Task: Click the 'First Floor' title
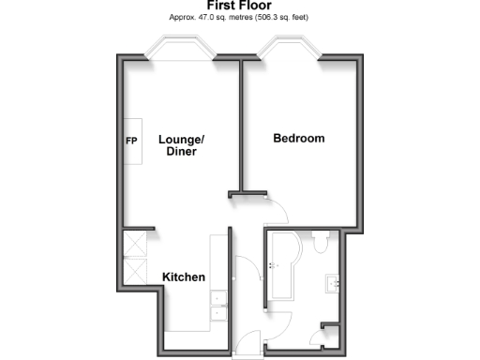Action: [x=239, y=6]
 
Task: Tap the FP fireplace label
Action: [x=131, y=142]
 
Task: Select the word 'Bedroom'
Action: [x=298, y=139]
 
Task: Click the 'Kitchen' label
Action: [x=184, y=277]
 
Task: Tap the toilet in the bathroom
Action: [x=322, y=246]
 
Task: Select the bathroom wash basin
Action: [x=334, y=282]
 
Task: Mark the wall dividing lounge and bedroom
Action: [x=241, y=127]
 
